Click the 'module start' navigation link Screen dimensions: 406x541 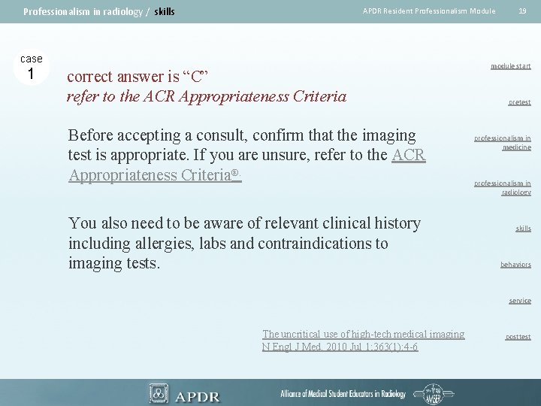[x=510, y=66]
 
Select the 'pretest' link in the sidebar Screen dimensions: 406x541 [x=518, y=102]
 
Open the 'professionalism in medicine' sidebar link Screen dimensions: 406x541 [x=502, y=143]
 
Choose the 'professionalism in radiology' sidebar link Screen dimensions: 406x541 [x=502, y=187]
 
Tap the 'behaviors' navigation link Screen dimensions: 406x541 [x=515, y=265]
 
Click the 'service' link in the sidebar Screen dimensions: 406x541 [x=519, y=301]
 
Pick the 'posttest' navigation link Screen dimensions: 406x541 [x=518, y=337]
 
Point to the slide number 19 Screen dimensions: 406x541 [x=521, y=11]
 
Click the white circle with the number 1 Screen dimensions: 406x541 [x=31, y=74]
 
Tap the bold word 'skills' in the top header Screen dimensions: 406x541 [x=164, y=11]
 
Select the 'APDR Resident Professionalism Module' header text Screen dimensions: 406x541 [x=428, y=11]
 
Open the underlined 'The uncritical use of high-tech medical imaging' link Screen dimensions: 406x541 [x=363, y=334]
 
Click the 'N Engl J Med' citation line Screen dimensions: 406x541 [x=340, y=347]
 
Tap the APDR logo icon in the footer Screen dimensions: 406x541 [x=159, y=392]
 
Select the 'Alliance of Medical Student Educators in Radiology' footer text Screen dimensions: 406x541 [x=343, y=394]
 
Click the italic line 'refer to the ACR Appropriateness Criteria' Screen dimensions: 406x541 [x=207, y=96]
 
